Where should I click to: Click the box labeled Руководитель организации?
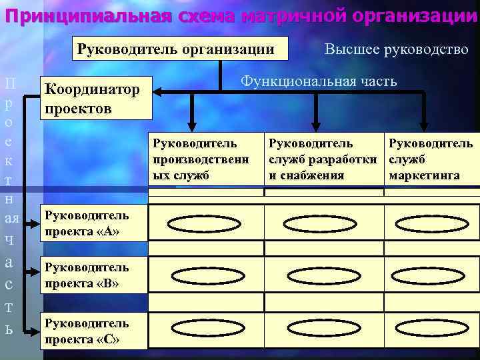[176, 49]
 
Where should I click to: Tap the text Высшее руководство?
[396, 49]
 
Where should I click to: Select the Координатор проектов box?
[96, 98]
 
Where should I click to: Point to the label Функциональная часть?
[319, 81]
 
